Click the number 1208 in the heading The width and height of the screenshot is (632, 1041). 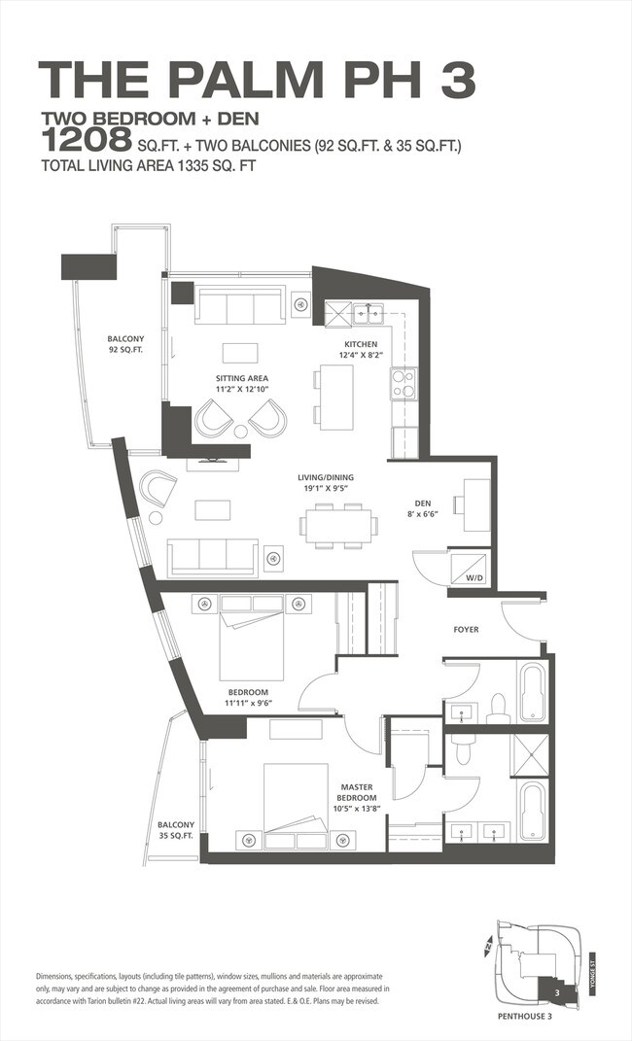tap(87, 140)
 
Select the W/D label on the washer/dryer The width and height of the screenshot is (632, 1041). tap(474, 578)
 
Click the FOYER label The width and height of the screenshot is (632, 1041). tap(466, 630)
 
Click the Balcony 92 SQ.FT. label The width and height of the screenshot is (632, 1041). tap(126, 344)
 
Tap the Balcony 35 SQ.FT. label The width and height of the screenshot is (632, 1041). tap(175, 830)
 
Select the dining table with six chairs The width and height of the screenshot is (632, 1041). tap(338, 526)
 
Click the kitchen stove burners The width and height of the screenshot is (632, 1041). tap(404, 384)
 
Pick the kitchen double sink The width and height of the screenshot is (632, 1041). tap(368, 313)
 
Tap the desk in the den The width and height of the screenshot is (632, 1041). tap(476, 504)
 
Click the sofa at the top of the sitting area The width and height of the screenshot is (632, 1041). tap(239, 305)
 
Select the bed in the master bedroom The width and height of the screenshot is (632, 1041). tap(297, 806)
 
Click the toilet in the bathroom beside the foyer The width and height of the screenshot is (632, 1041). tap(498, 709)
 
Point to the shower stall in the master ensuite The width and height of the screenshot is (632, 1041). tap(529, 755)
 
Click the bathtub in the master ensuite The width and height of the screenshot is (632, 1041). tap(533, 812)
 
